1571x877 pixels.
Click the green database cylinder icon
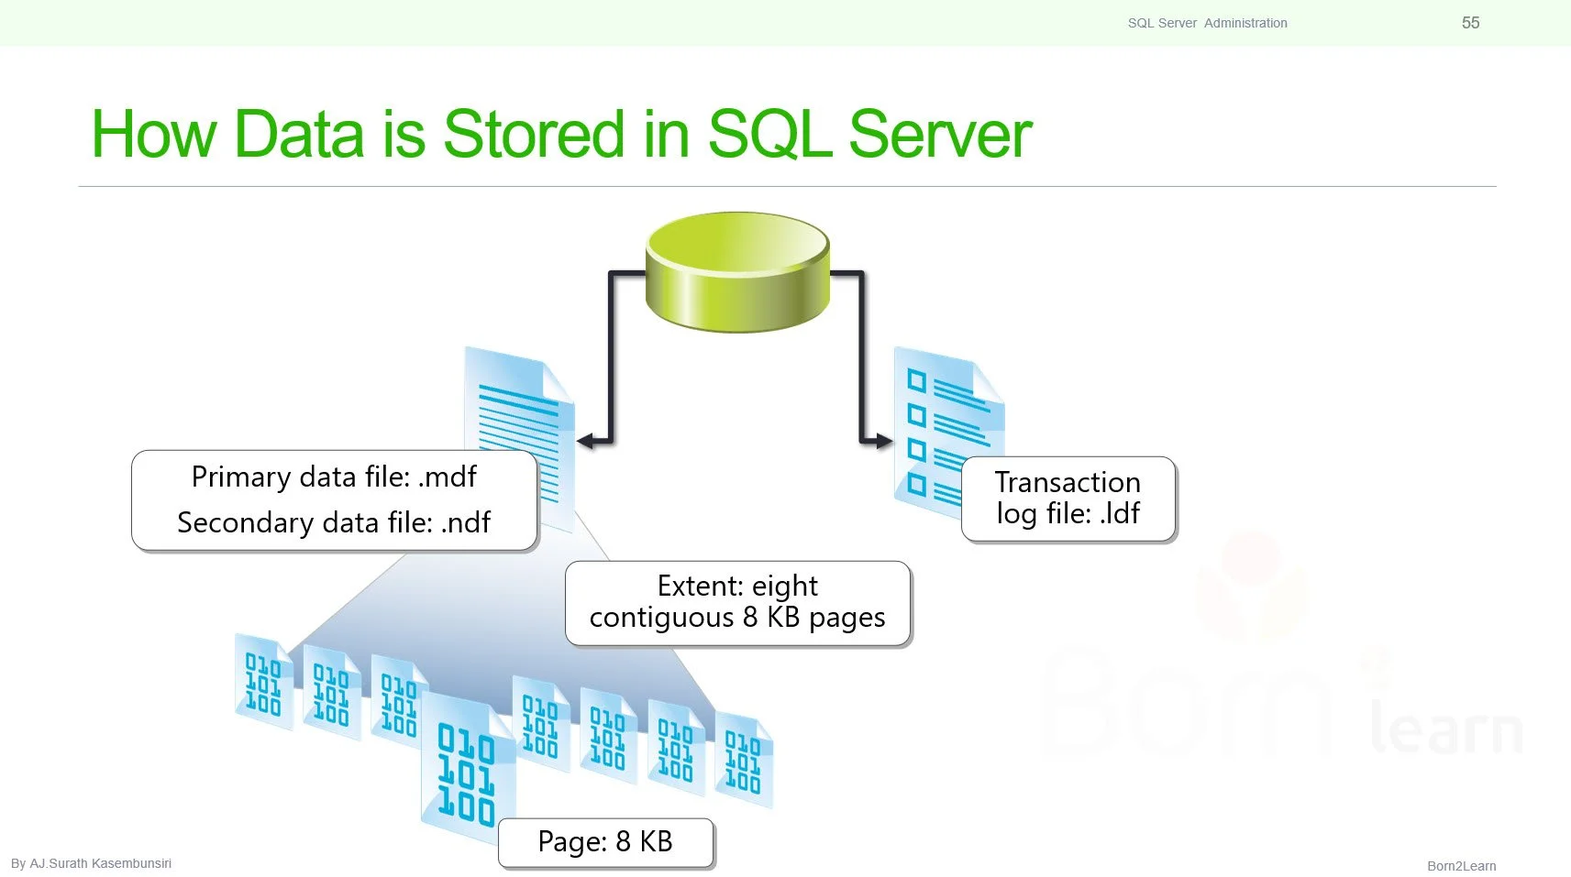737,272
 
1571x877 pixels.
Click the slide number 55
1470,23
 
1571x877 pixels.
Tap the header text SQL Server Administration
1207,23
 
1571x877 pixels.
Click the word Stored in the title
535,135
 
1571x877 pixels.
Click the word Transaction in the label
1068,482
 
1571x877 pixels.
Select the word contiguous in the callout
661,618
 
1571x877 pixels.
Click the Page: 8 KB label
605,841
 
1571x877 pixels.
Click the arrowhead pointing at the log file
883,441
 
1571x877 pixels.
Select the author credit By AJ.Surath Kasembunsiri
91,863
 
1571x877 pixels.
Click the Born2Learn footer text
1461,866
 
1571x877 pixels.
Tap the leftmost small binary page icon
263,683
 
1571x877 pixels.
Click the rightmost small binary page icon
743,761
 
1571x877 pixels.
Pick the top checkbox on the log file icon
916,379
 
